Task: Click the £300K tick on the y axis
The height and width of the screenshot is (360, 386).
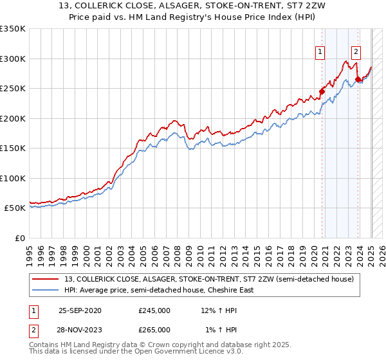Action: click(x=13, y=59)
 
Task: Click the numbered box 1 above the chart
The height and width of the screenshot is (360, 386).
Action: click(x=320, y=53)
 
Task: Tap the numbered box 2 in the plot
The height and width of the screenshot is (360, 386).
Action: click(x=356, y=53)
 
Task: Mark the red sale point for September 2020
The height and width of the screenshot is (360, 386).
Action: click(x=322, y=91)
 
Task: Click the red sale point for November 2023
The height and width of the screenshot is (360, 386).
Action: click(x=358, y=80)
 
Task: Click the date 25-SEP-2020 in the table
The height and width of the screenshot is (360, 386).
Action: click(x=80, y=310)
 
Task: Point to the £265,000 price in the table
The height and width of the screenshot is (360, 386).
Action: click(x=154, y=329)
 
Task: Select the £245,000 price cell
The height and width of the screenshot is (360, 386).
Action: click(x=154, y=310)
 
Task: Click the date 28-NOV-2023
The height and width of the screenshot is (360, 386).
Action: click(x=80, y=329)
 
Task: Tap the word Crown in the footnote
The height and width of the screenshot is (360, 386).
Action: click(x=145, y=345)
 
